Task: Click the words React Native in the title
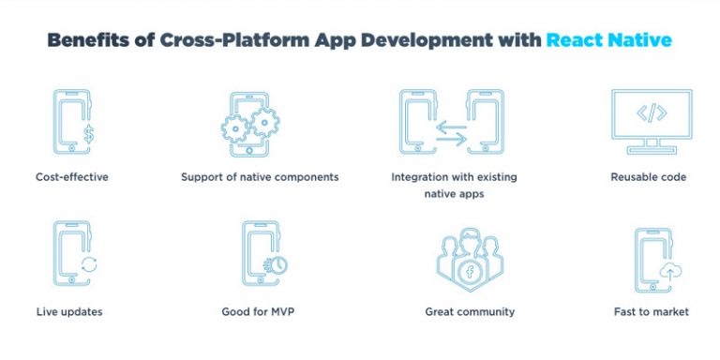pos(609,41)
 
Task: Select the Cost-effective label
pos(72,176)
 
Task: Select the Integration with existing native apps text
pos(454,184)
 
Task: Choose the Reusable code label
pos(649,176)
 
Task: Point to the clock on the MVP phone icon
pos(277,263)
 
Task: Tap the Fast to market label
pos(649,311)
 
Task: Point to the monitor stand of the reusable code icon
pos(652,147)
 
